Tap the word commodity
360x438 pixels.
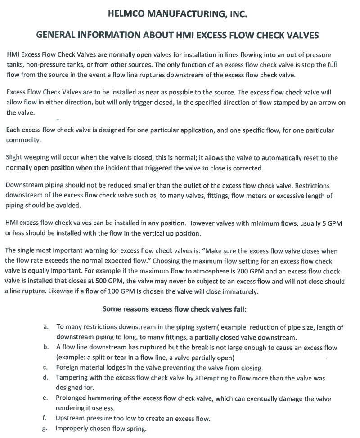click(23, 140)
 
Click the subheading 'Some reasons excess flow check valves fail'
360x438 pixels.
click(175, 309)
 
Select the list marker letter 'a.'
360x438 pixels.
click(46, 327)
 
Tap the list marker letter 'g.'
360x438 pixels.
click(45, 428)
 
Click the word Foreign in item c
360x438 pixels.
click(68, 368)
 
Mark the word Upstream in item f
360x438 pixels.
click(71, 419)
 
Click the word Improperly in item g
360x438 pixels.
click(72, 428)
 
